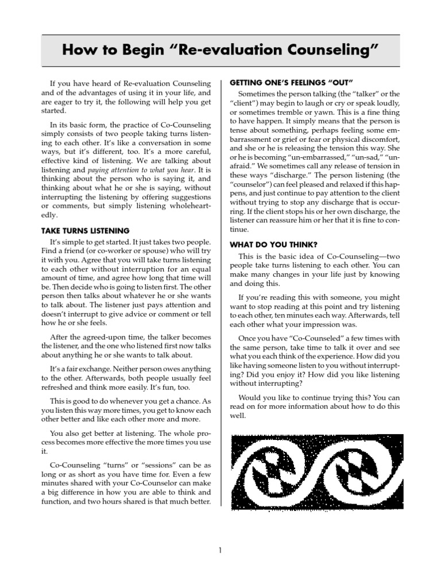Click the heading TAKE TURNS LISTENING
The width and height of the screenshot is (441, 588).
(x=85, y=231)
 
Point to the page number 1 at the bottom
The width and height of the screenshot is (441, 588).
(x=220, y=551)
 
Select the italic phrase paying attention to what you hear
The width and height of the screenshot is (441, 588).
(x=141, y=171)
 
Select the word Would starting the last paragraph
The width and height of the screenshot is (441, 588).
(x=251, y=397)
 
